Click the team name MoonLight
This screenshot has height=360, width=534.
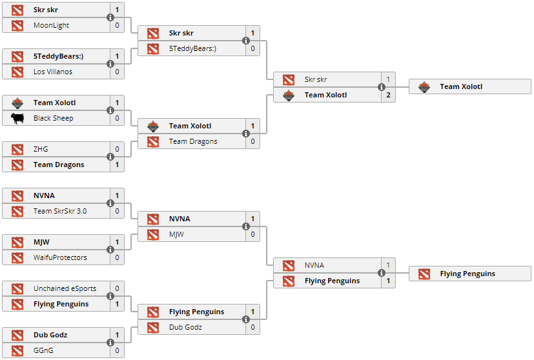(x=51, y=26)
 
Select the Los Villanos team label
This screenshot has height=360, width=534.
(x=52, y=72)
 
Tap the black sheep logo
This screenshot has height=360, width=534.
(x=17, y=119)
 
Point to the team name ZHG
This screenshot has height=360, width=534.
(x=41, y=150)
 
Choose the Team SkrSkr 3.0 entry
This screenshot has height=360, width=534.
(x=60, y=212)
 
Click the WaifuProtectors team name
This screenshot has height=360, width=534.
(x=60, y=258)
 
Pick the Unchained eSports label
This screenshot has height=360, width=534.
(x=61, y=289)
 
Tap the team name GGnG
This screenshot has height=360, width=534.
(x=44, y=351)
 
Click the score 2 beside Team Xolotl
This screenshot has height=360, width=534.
(x=388, y=95)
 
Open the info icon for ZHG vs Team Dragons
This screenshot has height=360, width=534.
(x=110, y=157)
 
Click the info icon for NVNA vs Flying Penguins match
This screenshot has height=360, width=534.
(x=382, y=274)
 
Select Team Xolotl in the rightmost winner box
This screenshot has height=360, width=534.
(x=461, y=87)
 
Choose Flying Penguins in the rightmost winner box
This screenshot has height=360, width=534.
(x=467, y=274)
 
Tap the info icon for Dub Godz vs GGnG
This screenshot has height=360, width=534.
(x=110, y=343)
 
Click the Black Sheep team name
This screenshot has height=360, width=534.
(x=53, y=119)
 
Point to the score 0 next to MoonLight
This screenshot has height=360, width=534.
(x=117, y=26)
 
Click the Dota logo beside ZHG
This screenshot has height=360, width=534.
(x=17, y=150)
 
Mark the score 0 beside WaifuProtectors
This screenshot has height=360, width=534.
(x=117, y=258)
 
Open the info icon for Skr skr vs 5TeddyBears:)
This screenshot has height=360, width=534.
(x=246, y=41)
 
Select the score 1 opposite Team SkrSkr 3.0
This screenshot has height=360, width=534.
(x=117, y=196)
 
